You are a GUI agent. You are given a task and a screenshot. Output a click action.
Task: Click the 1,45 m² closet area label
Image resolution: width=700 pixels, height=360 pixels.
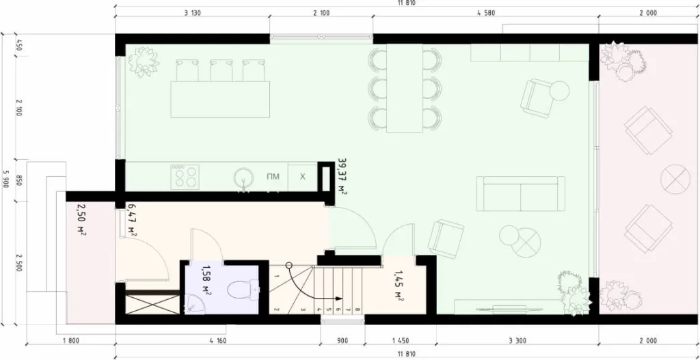(399, 287)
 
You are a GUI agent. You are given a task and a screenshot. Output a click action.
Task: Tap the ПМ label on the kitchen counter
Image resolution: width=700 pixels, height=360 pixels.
(273, 177)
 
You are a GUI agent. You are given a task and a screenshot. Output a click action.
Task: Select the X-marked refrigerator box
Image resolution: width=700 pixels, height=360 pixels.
(302, 177)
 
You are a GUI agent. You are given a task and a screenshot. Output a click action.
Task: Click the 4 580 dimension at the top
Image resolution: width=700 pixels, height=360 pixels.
(485, 13)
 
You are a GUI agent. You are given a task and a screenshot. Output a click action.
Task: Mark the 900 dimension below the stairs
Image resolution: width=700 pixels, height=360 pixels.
(342, 339)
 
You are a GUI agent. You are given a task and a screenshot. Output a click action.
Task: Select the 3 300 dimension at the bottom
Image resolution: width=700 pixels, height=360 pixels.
(517, 339)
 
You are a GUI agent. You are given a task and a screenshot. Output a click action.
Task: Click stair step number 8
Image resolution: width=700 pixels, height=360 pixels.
(358, 309)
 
